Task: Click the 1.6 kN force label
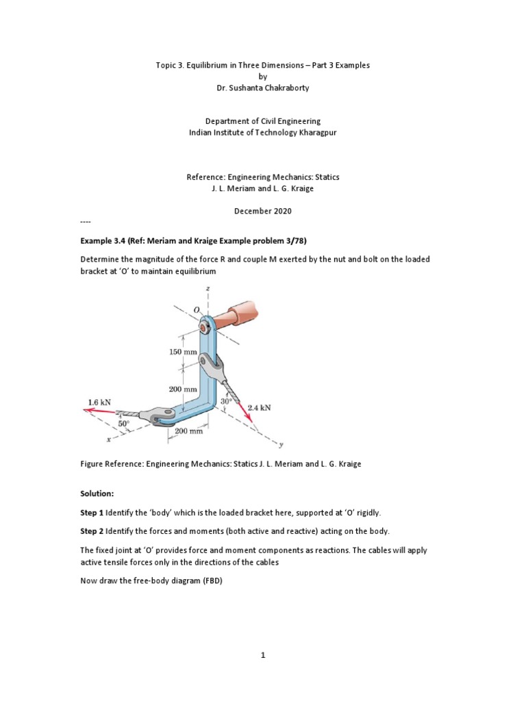tap(100, 402)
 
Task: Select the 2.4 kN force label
tap(259, 407)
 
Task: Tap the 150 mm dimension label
tap(183, 352)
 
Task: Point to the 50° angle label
tap(123, 424)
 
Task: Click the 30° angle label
tap(226, 400)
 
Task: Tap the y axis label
tap(281, 445)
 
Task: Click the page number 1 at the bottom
tap(262, 655)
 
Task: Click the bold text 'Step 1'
tap(92, 513)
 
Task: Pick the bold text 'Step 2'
tap(92, 531)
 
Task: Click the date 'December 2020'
tap(263, 211)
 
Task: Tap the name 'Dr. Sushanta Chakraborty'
tap(263, 88)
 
